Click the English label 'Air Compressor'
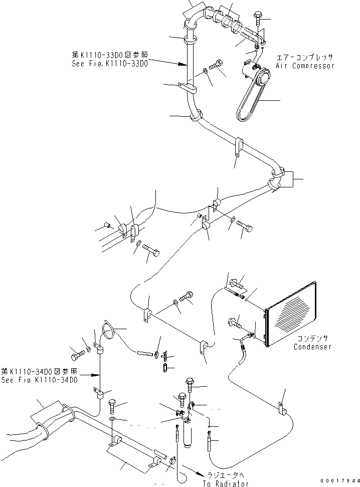pos(304,66)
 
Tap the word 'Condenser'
pos(312,347)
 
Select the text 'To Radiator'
pos(226,484)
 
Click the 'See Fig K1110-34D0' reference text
pos(39,380)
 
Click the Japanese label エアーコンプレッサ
pos(304,58)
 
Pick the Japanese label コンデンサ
pos(312,339)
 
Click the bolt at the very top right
pos(258,17)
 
